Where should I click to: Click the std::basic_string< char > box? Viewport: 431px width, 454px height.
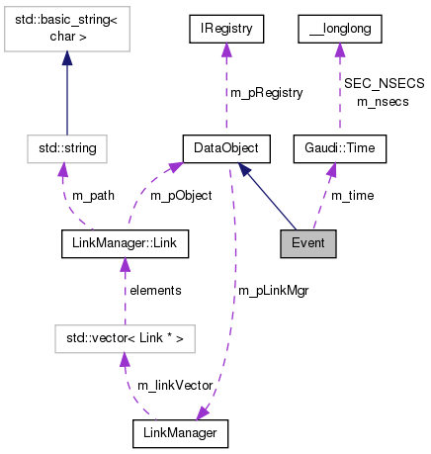pos(66,27)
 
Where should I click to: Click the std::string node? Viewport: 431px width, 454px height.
pos(66,150)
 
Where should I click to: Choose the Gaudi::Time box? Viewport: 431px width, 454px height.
pos(340,149)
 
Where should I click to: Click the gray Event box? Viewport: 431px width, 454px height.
pos(307,241)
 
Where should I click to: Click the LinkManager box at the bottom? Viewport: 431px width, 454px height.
pos(181,432)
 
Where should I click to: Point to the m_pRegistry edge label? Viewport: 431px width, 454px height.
pos(267,91)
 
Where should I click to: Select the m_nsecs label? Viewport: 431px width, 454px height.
pos(383,100)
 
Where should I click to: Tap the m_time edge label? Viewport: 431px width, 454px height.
pos(352,196)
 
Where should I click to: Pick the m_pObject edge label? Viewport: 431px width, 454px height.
pos(181,196)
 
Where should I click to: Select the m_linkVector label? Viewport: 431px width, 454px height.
pos(175,384)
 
